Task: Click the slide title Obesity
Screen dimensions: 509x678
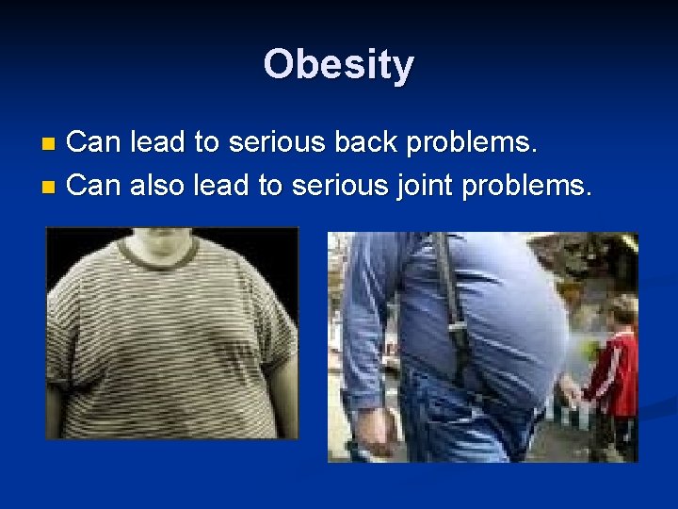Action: click(338, 65)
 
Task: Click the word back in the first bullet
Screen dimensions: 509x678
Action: click(381, 142)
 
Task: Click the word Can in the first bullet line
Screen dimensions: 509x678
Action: click(95, 142)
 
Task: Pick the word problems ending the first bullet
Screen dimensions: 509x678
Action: click(481, 144)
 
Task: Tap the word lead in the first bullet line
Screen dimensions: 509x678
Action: click(158, 142)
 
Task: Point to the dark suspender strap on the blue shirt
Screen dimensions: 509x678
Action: click(450, 302)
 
